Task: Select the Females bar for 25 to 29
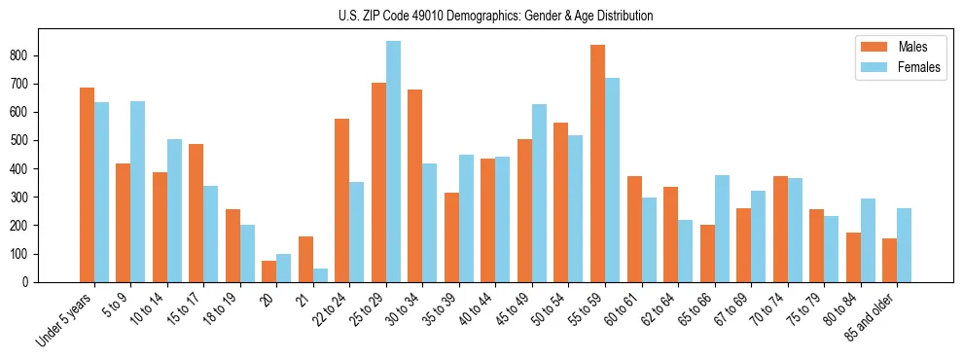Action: (x=393, y=162)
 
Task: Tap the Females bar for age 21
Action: (x=320, y=275)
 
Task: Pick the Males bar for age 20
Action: (x=269, y=271)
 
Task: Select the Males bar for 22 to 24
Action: (x=342, y=200)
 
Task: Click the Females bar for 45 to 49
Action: (x=539, y=193)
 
